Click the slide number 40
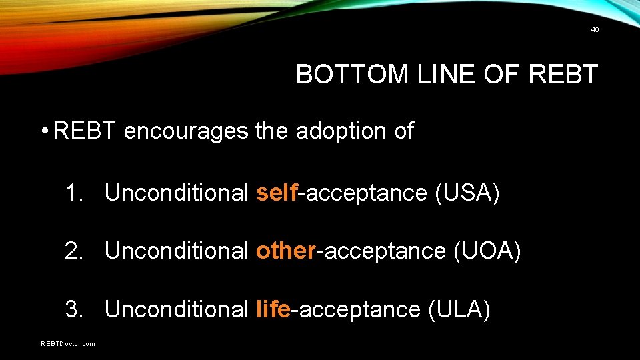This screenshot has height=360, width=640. (595, 29)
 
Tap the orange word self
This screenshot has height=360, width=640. (277, 193)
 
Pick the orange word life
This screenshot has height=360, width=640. (273, 309)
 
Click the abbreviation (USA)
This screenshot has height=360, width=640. (467, 193)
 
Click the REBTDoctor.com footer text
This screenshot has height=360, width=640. (68, 344)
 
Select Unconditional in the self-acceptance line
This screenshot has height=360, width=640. (177, 193)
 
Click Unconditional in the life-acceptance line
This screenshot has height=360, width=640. (177, 309)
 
